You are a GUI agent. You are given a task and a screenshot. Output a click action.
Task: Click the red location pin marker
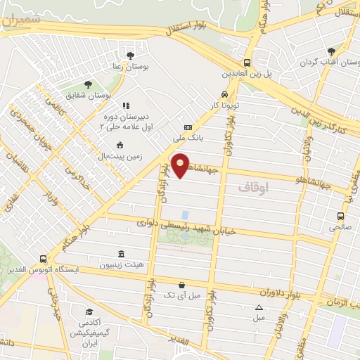(181, 165)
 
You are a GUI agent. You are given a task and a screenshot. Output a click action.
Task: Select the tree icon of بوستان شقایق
(88, 84)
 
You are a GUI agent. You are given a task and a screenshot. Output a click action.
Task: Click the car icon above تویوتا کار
(224, 94)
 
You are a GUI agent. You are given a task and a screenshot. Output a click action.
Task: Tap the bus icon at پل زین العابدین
(247, 62)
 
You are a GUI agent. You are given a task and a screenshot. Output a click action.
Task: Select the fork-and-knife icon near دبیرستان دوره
(126, 106)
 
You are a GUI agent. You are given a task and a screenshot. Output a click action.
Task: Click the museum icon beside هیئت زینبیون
(122, 253)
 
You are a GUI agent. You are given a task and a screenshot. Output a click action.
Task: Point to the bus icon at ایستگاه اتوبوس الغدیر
(44, 258)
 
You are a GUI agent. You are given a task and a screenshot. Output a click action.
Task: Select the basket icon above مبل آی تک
(182, 285)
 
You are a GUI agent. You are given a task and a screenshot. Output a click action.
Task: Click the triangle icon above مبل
(259, 307)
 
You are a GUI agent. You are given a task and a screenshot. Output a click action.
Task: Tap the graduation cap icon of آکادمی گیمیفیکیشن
(89, 311)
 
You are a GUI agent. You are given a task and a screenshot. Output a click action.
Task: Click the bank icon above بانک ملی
(187, 127)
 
